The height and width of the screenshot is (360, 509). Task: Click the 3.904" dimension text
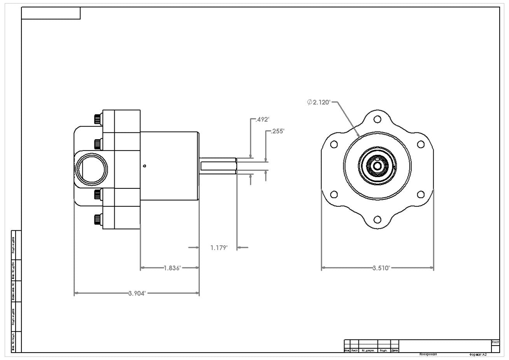[x=137, y=293]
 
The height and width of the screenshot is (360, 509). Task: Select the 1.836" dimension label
[x=172, y=268]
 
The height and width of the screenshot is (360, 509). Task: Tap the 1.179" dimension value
[x=219, y=248]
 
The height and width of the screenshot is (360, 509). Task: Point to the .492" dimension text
[x=262, y=119]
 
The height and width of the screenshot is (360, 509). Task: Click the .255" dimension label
[x=278, y=131]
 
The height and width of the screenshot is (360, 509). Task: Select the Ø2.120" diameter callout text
[x=319, y=102]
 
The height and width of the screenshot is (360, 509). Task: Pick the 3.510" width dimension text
[x=381, y=268]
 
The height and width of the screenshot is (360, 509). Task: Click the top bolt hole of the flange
[x=377, y=119]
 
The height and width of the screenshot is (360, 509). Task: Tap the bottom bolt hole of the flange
[x=377, y=220]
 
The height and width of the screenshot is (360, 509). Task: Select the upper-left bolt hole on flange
[x=334, y=144]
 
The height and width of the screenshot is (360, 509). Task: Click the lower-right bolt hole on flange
[x=420, y=195]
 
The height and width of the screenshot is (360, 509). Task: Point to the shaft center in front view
[x=377, y=166]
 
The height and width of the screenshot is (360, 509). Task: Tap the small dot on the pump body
[x=145, y=166]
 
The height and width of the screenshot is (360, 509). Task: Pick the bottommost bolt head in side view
[x=97, y=220]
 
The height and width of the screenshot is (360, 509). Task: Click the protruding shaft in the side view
[x=218, y=166]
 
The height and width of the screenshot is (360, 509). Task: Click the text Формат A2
[x=478, y=355]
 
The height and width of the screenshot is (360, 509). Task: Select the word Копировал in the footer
[x=428, y=355]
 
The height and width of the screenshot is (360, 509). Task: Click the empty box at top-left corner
[x=51, y=13]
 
